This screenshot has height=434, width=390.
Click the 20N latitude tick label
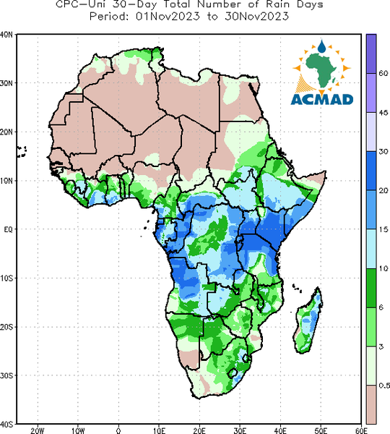point(6,132)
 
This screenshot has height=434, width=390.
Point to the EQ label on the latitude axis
point(8,229)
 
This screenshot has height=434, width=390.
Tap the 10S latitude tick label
point(6,278)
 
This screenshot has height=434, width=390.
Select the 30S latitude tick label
point(6,375)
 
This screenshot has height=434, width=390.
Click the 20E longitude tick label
point(199,430)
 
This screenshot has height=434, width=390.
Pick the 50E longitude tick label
point(321,430)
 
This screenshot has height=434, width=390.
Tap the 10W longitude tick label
point(78,430)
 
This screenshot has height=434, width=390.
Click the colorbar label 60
point(383,73)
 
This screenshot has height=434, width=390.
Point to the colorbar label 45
point(383,113)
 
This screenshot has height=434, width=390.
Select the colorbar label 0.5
point(384,386)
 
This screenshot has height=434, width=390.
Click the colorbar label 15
point(383,229)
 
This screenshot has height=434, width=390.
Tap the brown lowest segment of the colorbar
point(371,404)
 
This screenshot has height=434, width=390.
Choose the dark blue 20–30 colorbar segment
point(371,171)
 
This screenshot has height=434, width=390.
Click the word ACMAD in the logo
point(322,100)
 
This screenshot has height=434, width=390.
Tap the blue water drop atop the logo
point(321,46)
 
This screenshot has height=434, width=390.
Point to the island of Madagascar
point(308,323)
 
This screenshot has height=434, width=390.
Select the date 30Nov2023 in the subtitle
point(257,17)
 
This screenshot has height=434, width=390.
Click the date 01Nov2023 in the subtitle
point(168,17)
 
